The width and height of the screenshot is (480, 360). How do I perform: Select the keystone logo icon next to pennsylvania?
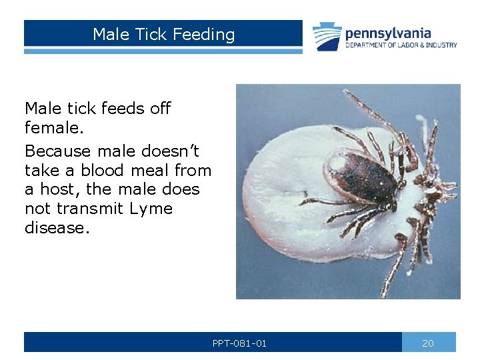pos(327,37)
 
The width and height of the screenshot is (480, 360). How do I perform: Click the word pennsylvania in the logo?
pos(387,33)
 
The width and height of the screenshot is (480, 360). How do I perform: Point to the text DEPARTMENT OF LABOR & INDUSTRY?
pos(401,45)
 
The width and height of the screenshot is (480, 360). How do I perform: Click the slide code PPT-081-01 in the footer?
pos(239,343)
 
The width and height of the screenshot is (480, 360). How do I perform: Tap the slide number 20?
pos(428,343)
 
